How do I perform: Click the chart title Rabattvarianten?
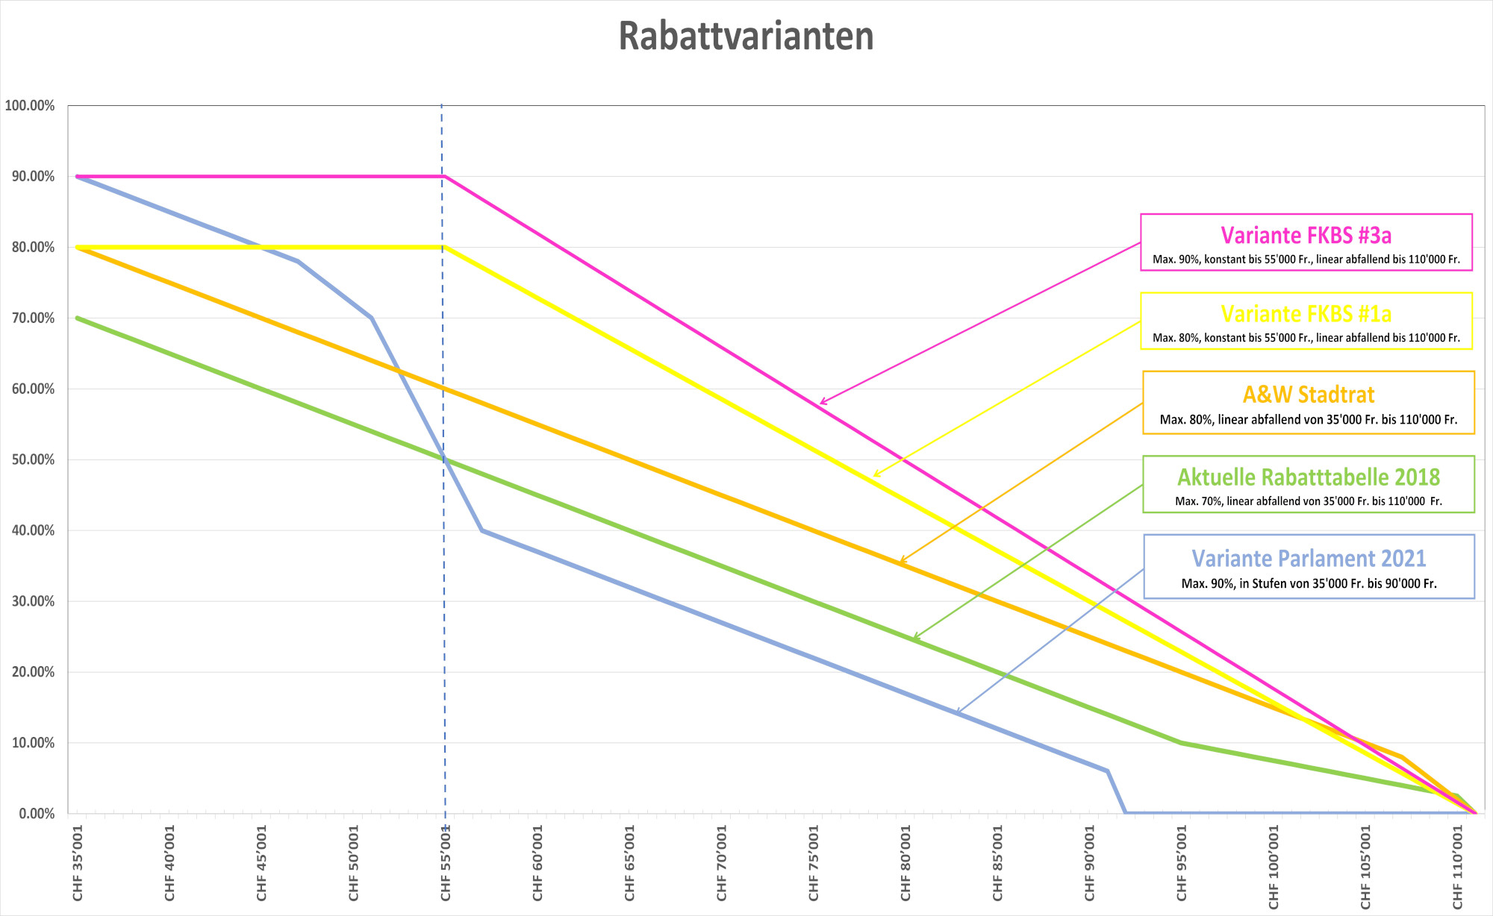point(746,36)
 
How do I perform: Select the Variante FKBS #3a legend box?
point(1306,242)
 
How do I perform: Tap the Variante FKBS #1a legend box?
point(1306,321)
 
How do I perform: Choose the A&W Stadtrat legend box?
point(1309,402)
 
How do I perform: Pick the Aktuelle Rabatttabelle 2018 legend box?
point(1309,484)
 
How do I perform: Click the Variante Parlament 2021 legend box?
point(1309,566)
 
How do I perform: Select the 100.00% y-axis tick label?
point(30,106)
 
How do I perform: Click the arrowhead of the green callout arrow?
point(914,639)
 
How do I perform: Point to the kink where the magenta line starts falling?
point(445,177)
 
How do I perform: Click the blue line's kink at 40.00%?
point(482,530)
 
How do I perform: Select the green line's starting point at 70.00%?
point(77,318)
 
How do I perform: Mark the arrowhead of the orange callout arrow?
point(901,561)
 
